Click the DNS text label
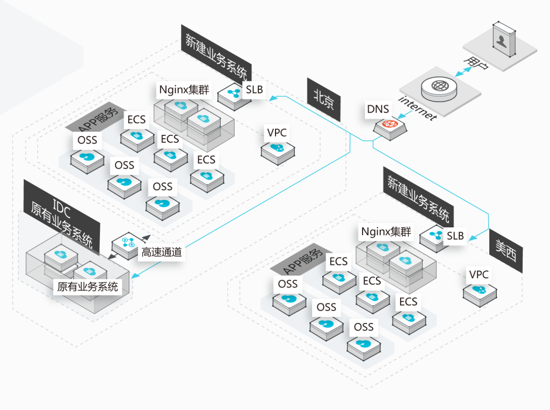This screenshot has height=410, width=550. pyautogui.click(x=378, y=109)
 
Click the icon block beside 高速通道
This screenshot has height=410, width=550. pyautogui.click(x=128, y=244)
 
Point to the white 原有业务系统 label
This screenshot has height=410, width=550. pyautogui.click(x=88, y=286)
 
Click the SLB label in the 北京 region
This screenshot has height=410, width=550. pyautogui.click(x=255, y=89)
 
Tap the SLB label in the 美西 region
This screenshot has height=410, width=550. pyautogui.click(x=455, y=236)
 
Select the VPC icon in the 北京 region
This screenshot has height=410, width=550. pyautogui.click(x=278, y=148)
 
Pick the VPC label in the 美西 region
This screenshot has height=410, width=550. pyautogui.click(x=479, y=275)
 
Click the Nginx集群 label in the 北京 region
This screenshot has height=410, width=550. pyautogui.click(x=184, y=89)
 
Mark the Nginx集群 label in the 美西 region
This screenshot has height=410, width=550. pyautogui.click(x=386, y=232)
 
